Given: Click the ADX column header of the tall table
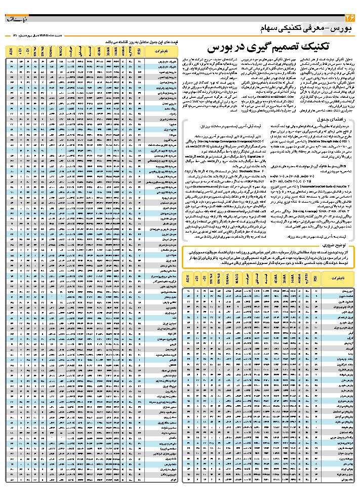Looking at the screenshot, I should click(x=11, y=51).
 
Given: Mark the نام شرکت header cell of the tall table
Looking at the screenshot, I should click(x=157, y=51).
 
